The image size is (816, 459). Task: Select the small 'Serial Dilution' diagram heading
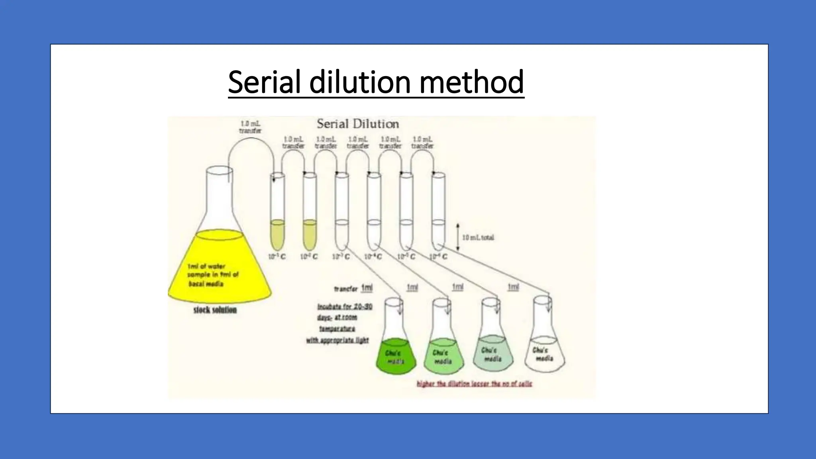click(x=358, y=124)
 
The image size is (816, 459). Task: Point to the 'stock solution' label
click(x=215, y=310)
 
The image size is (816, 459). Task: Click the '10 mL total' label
click(x=478, y=237)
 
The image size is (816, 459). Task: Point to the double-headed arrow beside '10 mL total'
click(x=458, y=237)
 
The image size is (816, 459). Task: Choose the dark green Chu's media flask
click(x=396, y=355)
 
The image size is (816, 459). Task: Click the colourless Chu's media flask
click(x=545, y=353)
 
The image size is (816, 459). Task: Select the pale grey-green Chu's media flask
click(x=493, y=353)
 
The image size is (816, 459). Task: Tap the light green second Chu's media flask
click(x=443, y=355)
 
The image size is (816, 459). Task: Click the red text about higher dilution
click(x=474, y=384)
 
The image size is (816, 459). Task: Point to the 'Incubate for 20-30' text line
click(x=345, y=307)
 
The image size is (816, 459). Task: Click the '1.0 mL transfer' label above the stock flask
click(x=250, y=127)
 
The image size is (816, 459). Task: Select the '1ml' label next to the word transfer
click(x=367, y=288)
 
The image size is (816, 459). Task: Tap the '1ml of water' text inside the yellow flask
click(x=206, y=266)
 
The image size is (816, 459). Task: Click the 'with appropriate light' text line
click(x=337, y=341)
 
